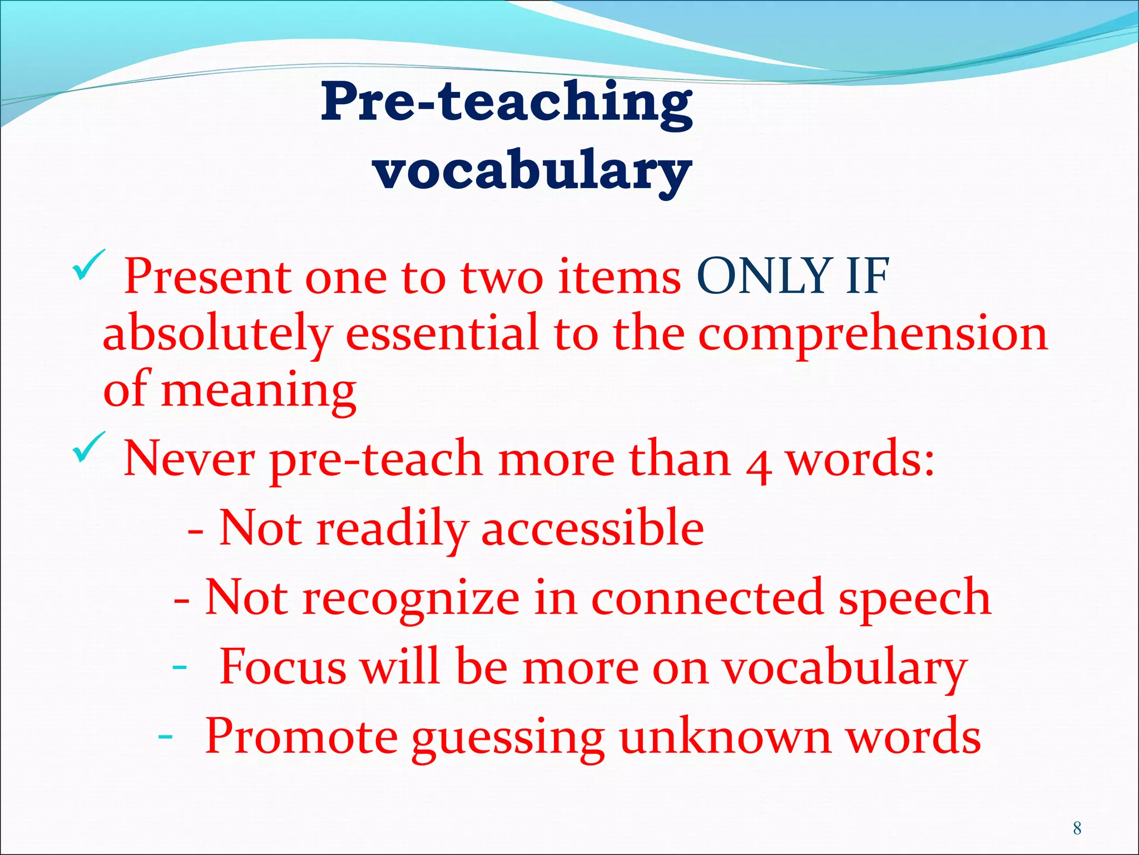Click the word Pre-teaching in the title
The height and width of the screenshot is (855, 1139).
coord(506,103)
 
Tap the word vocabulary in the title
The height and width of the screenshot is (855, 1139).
coord(532,170)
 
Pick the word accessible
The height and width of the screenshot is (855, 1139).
coord(592,528)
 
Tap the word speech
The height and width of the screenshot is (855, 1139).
coord(914,598)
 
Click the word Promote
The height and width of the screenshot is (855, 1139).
coord(301,736)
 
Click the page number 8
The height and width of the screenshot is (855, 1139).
coord(1077,828)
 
